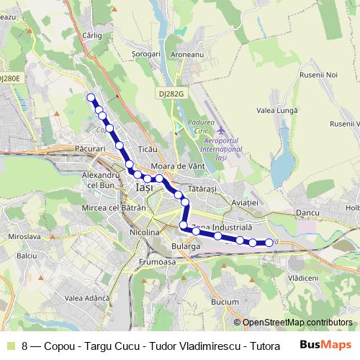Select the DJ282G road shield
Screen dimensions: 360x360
point(170,94)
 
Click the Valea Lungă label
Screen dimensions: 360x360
point(276,110)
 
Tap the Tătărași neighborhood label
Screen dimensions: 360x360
point(202,188)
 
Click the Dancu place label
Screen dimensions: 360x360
point(307,214)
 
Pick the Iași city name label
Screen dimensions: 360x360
point(144,187)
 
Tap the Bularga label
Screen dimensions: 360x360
point(186,246)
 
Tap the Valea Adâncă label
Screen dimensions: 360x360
point(86,298)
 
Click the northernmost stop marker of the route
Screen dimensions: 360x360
point(91,97)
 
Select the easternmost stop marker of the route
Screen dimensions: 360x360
point(269,243)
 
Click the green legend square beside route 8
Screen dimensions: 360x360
point(9,346)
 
